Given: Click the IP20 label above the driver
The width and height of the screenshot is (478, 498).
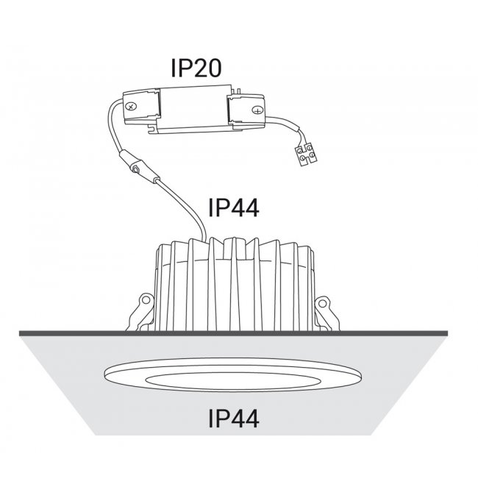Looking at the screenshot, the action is coord(196,68).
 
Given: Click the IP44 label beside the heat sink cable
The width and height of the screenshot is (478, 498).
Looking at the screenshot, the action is coord(233,208).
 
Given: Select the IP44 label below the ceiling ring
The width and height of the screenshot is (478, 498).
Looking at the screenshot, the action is coord(233,419).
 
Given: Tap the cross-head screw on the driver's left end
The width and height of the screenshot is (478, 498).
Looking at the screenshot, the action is coord(131,106).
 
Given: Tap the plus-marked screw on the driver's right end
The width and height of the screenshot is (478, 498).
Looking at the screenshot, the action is coord(257,110).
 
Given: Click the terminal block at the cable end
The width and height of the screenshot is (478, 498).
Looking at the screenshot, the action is coord(306,154).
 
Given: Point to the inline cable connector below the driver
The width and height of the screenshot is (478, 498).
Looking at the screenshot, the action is coord(139,167).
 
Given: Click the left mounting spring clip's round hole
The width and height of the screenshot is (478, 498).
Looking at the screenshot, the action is coord(146,299).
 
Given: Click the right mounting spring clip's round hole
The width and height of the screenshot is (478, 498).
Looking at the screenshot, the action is coord(322,303).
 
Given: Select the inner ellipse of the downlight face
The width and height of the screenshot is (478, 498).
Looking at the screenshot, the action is coord(232,381).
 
